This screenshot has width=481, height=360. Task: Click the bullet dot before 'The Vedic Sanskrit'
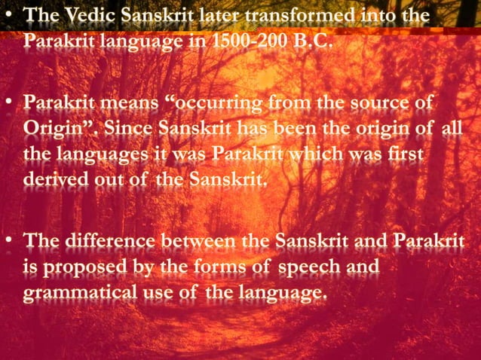coord(10,15)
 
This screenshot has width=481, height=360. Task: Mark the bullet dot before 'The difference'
coord(10,240)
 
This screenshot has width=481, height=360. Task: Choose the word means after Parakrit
coord(124,102)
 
